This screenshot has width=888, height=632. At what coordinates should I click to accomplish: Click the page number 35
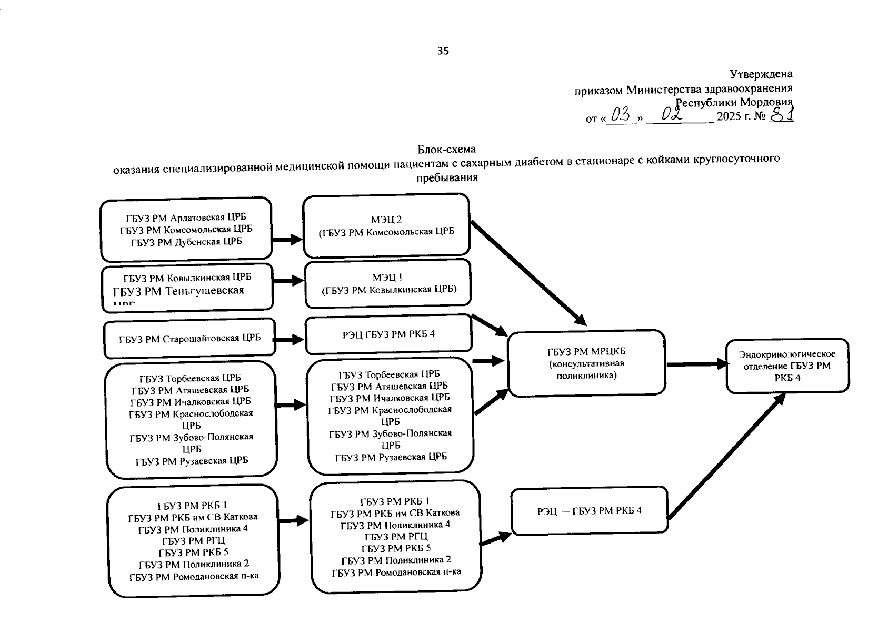coord(443,51)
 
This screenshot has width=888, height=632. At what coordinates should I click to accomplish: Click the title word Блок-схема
coord(447,150)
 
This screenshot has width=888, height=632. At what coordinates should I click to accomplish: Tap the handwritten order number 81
coord(782,114)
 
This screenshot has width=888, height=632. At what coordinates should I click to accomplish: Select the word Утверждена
coord(761,74)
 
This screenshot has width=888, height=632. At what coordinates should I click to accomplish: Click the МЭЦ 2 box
coord(386,225)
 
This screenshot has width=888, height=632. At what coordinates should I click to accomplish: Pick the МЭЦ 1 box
coord(388,283)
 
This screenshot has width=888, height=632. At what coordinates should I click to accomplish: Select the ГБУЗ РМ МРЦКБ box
coord(586,363)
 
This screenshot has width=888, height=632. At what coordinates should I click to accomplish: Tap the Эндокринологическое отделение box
coord(787,366)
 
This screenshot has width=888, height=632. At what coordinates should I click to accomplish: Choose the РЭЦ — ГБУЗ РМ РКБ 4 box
coord(589,510)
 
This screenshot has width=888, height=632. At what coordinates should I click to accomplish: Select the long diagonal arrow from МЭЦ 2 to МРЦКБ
coord(528,273)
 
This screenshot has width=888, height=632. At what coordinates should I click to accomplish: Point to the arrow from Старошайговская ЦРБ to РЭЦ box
coord(290,340)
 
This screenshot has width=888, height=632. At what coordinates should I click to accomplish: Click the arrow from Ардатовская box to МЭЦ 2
coord(287,239)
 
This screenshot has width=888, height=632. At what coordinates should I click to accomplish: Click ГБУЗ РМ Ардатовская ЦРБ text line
coord(186,217)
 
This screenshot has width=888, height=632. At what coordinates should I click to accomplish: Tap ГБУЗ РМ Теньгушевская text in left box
coord(178,291)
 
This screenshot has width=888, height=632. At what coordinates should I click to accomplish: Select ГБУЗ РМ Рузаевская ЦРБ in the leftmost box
coord(192,461)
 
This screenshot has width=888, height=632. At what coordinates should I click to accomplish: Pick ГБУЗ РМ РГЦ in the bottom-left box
coord(193,540)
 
